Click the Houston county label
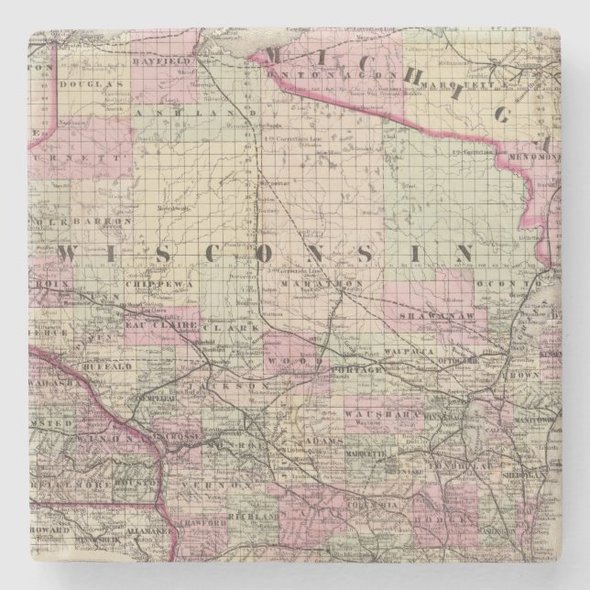pos(133,479)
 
